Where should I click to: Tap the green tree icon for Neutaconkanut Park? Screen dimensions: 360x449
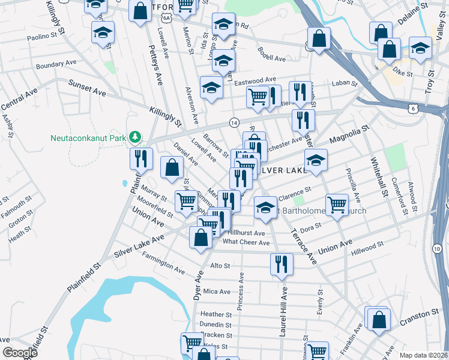point(136,137)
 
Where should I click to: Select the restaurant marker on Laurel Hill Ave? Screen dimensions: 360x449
point(281,264)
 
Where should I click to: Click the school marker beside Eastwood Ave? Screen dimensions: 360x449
point(211,88)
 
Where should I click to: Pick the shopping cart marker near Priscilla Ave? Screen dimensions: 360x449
point(337,205)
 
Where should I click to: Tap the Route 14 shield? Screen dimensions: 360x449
point(234,122)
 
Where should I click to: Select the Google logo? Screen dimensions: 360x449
point(19,352)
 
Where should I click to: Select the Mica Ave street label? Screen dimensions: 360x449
point(217,292)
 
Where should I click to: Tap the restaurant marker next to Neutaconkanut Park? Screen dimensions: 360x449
point(141,159)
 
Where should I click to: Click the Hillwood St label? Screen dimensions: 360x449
point(368,247)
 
